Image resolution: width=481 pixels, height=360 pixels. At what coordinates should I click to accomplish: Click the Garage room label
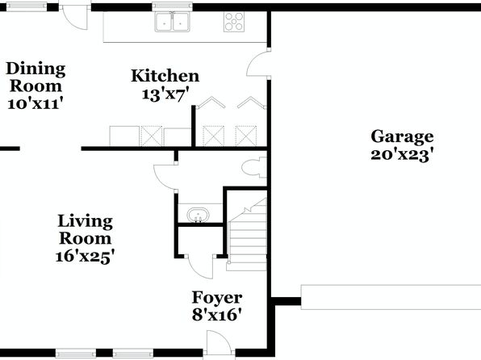[x=402, y=137]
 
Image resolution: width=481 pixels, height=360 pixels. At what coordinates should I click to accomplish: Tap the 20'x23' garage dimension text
[x=402, y=155]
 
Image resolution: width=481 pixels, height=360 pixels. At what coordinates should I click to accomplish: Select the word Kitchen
[x=165, y=76]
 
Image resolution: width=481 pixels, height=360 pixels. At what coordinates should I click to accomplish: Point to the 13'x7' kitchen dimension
[x=165, y=94]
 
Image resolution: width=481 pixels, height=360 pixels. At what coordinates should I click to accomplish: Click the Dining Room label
[x=36, y=77]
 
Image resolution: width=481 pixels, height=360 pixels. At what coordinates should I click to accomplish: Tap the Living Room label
[x=86, y=229]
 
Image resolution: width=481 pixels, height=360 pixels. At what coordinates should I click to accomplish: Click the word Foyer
[x=217, y=297]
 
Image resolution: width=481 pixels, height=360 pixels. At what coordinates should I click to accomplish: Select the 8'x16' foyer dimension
[x=217, y=315]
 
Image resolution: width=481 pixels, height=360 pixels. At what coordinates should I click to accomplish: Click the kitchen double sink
[x=172, y=22]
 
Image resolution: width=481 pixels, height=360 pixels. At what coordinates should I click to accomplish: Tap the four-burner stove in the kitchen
[x=234, y=22]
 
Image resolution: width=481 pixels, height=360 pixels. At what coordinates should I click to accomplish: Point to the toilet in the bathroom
[x=254, y=168]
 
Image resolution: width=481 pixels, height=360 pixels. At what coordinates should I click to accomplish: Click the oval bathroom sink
[x=199, y=214]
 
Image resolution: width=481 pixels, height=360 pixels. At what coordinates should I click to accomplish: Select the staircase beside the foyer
[x=247, y=235]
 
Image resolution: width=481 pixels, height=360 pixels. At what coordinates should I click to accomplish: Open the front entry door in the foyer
[x=220, y=343]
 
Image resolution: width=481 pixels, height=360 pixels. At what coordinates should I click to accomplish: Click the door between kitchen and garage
[x=258, y=63]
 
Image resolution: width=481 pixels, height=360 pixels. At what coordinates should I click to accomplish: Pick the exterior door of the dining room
[x=75, y=18]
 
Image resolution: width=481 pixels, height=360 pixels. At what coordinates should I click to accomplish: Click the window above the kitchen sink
[x=172, y=6]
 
